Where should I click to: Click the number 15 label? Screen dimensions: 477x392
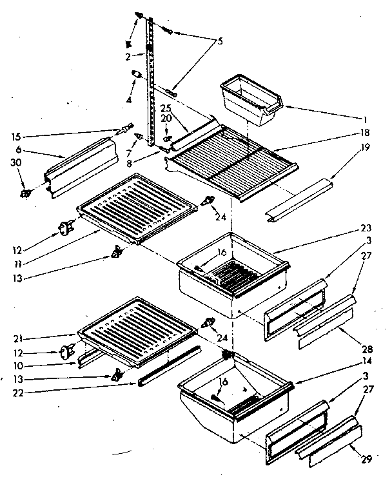pyautogui.click(x=16, y=137)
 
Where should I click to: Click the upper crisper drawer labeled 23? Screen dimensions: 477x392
pyautogui.click(x=232, y=274)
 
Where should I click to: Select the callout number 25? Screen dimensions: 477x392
pyautogui.click(x=165, y=107)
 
